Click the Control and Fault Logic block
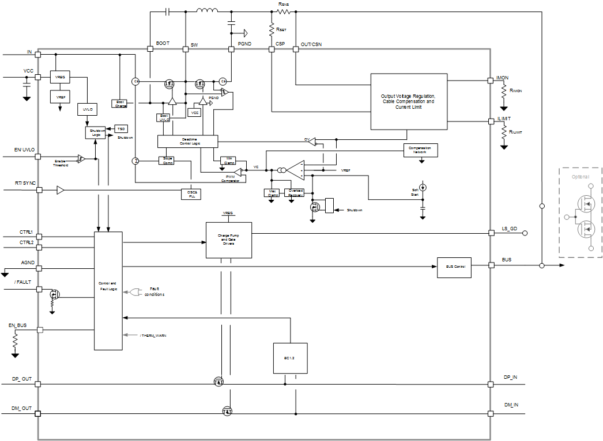coord(108,290)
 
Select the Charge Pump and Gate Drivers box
coord(229,240)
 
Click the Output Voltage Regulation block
coord(409,101)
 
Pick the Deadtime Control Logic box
coord(187,141)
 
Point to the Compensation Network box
coord(420,150)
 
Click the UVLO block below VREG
coord(86,108)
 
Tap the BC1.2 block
coord(289,358)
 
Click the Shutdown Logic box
coord(96,132)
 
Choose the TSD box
coord(121,128)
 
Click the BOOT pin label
coord(163,44)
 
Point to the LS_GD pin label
coord(510,229)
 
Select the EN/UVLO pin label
coord(25,150)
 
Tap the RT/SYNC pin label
coord(25,183)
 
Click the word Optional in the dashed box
coord(580,177)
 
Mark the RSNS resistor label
coord(283,4)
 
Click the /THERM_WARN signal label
coord(153,335)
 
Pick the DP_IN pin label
coord(511,377)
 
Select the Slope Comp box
coord(168,159)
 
